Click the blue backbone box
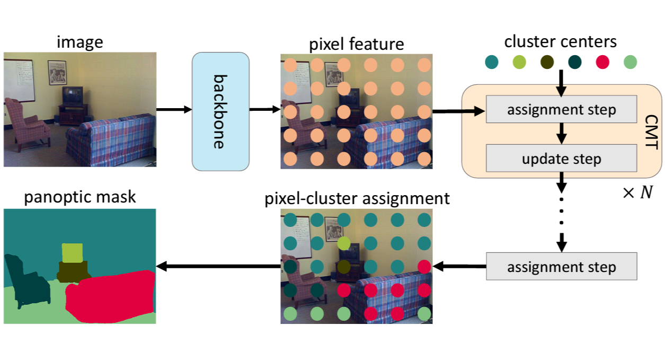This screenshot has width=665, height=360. coord(220,111)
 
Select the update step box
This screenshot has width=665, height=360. coord(561,158)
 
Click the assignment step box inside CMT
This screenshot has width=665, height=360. coord(561,109)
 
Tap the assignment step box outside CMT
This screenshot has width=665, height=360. coord(561,266)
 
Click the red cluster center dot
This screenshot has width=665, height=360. coord(602,62)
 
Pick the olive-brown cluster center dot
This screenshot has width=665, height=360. coord(547,62)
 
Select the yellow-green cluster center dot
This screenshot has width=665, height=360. coord(519,62)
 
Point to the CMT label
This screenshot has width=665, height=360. coord(652,131)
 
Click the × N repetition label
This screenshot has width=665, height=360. coord(637,192)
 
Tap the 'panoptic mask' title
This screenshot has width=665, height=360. coord(80,197)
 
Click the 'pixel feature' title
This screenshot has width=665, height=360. coord(356,44)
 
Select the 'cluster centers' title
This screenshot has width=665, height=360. coord(561,41)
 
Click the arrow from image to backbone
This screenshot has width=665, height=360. coord(174,110)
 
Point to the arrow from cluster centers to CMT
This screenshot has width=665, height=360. coord(561,83)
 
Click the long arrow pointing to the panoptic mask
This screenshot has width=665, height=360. coord(218,266)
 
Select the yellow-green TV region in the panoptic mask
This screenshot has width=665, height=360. coord(72,253)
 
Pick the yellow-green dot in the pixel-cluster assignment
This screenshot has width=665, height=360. coord(344,243)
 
